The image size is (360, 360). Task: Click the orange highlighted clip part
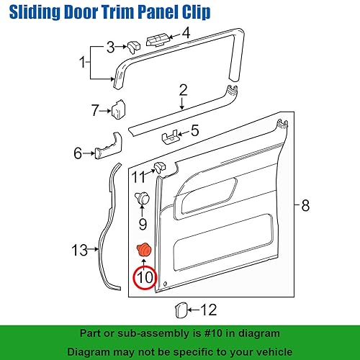coord(144,250)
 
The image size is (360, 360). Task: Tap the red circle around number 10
coord(145,276)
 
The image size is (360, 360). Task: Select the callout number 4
coord(185,32)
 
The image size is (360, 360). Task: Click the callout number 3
coord(110,48)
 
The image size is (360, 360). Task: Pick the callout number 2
coord(182,90)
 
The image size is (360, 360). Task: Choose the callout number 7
coord(95,110)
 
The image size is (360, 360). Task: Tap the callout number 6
coord(78,153)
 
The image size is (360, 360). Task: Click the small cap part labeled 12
coord(181,310)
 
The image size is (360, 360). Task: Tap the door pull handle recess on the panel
coord(211,194)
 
